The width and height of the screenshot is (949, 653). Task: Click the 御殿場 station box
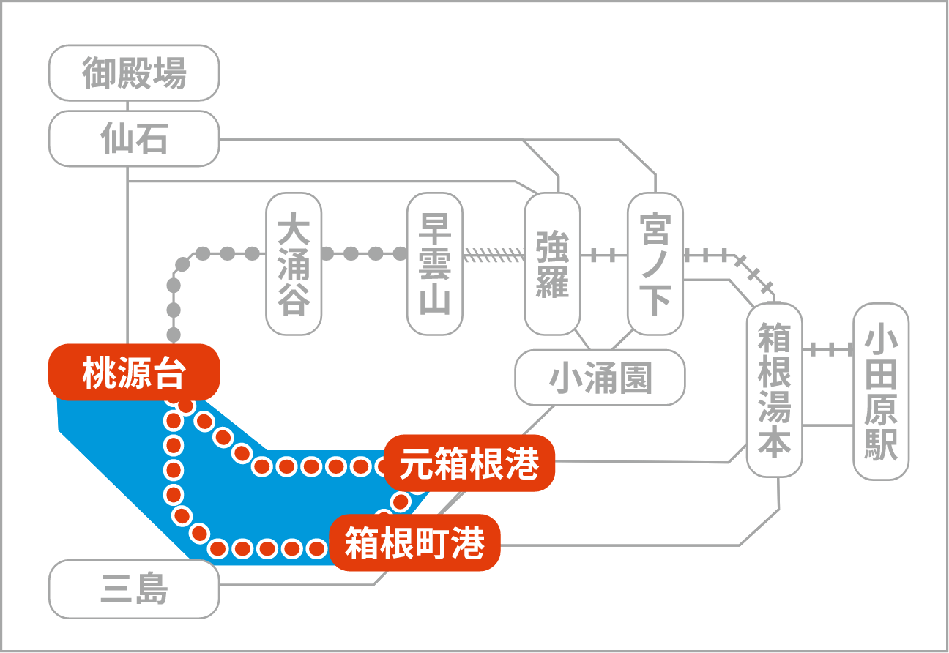pyautogui.click(x=134, y=73)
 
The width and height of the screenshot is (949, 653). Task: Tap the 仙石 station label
pyautogui.click(x=134, y=138)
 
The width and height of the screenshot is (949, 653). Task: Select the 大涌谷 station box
pyautogui.click(x=294, y=264)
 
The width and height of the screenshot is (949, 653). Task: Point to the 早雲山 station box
pyautogui.click(x=434, y=264)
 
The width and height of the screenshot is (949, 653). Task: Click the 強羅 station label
pyautogui.click(x=552, y=264)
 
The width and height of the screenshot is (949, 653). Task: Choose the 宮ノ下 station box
pyautogui.click(x=655, y=264)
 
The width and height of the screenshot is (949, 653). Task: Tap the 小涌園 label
pyautogui.click(x=600, y=378)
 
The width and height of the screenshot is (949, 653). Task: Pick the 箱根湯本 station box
pyautogui.click(x=775, y=390)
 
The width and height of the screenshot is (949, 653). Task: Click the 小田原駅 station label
pyautogui.click(x=881, y=392)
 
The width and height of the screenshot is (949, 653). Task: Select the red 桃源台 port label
pyautogui.click(x=134, y=372)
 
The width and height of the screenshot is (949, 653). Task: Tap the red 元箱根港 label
pyautogui.click(x=469, y=463)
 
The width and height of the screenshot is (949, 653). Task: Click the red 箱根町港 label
pyautogui.click(x=414, y=543)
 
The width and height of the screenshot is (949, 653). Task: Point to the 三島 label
pyautogui.click(x=134, y=589)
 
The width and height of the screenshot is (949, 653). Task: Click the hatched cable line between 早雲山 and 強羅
pyautogui.click(x=494, y=255)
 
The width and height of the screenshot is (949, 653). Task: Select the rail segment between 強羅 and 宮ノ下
pyautogui.click(x=604, y=255)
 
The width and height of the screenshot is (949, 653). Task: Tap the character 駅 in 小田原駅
pyautogui.click(x=881, y=444)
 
